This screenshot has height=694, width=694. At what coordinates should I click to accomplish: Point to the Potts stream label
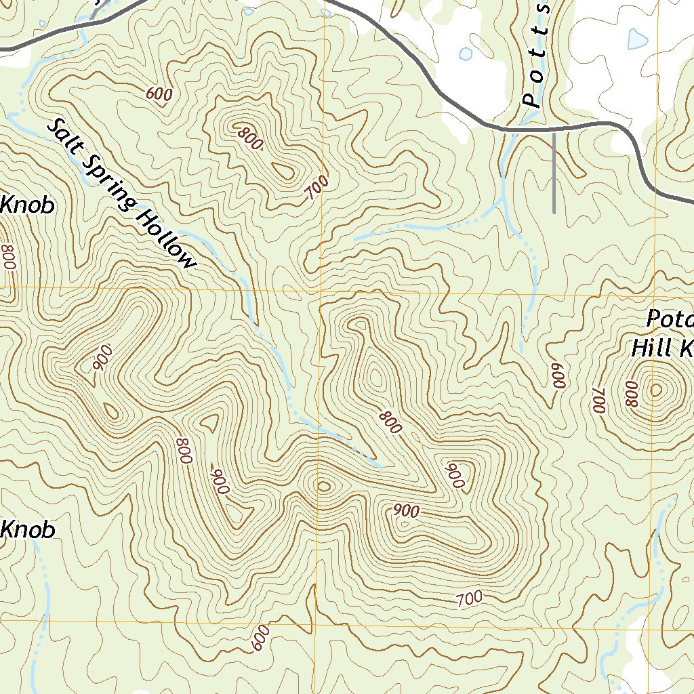tap(537, 58)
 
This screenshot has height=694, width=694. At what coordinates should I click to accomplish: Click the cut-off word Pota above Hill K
tap(669, 318)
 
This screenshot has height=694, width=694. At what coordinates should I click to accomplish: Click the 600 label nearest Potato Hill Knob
tap(558, 373)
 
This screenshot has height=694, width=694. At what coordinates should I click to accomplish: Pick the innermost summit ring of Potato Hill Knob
tap(655, 390)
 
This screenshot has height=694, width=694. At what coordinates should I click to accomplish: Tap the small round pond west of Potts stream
tap(465, 53)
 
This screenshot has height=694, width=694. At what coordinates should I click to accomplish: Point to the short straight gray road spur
tap(554, 173)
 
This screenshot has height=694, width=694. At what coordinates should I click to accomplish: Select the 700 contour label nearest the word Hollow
tap(317, 187)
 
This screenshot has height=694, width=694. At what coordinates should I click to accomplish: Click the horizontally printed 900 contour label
tap(406, 512)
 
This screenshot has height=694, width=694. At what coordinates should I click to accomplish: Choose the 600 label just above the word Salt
tap(159, 95)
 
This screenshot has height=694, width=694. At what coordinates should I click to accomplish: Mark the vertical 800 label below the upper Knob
tap(8, 258)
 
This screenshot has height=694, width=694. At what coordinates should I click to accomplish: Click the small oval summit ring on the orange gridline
tap(324, 485)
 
